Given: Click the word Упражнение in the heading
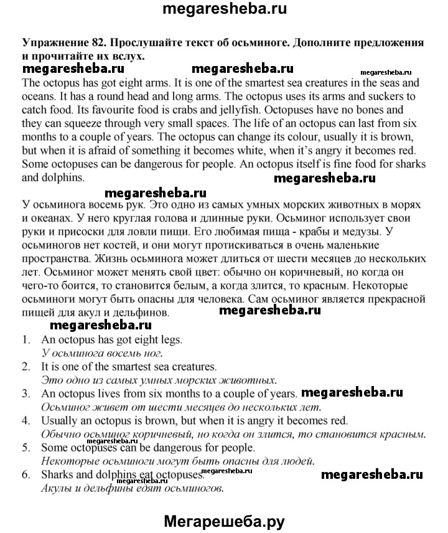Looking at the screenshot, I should click(54, 43).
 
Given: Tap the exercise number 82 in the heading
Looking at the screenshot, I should click(99, 43).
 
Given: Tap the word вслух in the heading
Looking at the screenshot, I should click(125, 55).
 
